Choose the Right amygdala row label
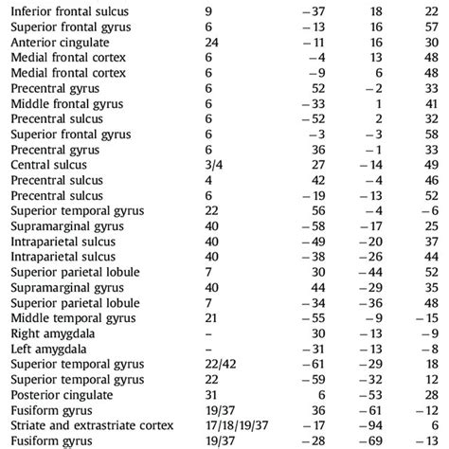(49, 333)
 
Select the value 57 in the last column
(430, 28)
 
